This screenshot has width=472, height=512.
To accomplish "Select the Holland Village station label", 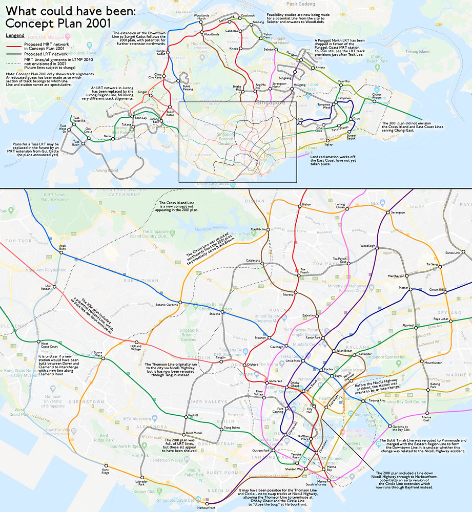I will coord(135,348).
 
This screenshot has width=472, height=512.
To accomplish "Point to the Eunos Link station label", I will coord(453,252).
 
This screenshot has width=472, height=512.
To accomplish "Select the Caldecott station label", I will coord(253,260).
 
